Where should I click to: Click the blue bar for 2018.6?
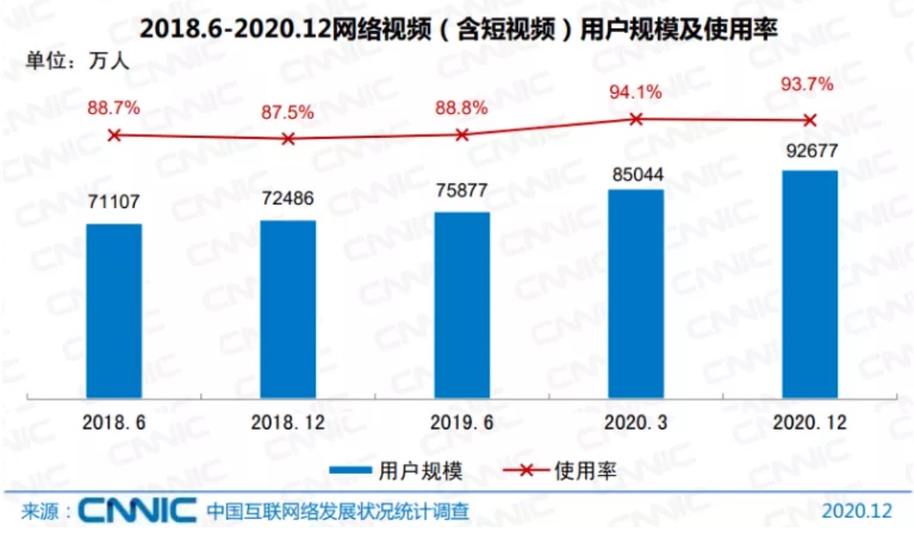pos(114,311)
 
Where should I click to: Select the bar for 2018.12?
pos(288,309)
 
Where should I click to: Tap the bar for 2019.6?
pos(462,305)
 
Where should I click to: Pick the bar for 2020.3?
pos(636,294)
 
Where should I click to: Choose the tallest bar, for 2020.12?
pos(810,284)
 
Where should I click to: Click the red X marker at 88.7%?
pos(114,135)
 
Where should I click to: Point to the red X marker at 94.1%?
pos(636,119)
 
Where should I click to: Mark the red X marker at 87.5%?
pos(288,139)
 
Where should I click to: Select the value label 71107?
pos(114,203)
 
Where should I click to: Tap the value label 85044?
pos(636,174)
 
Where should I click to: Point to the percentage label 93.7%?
pos(810,84)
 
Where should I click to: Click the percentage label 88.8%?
pos(462,107)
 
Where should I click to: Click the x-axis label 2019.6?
pos(462,423)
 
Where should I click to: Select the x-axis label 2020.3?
pos(636,423)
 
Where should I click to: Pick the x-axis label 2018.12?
pos(288,423)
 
